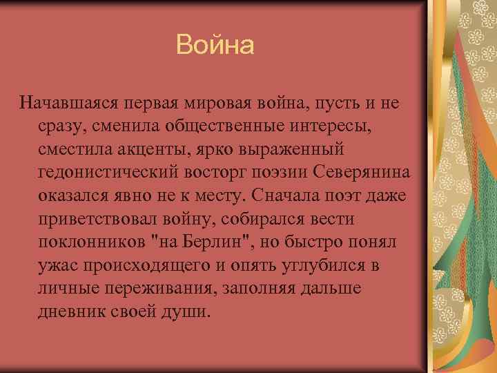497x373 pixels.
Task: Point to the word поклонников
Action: (x=91, y=242)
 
